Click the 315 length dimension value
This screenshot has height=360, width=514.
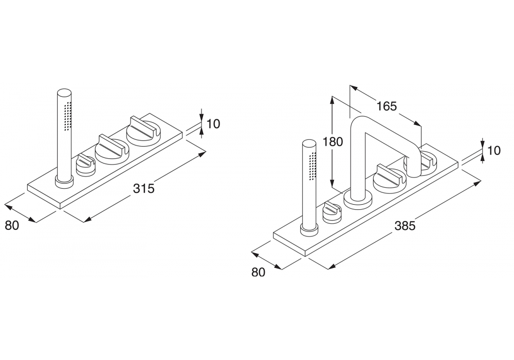tap(144, 189)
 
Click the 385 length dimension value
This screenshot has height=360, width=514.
tap(404, 225)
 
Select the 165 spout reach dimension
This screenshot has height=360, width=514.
tap(387, 106)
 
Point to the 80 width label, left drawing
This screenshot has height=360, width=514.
tap(12, 225)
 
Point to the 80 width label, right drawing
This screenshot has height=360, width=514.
tap(259, 273)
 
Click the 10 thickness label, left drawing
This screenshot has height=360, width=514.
tap(213, 123)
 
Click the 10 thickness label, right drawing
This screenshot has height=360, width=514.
tap(494, 151)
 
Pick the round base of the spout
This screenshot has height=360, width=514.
tap(356, 198)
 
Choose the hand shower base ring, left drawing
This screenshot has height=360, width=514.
tap(64, 181)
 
